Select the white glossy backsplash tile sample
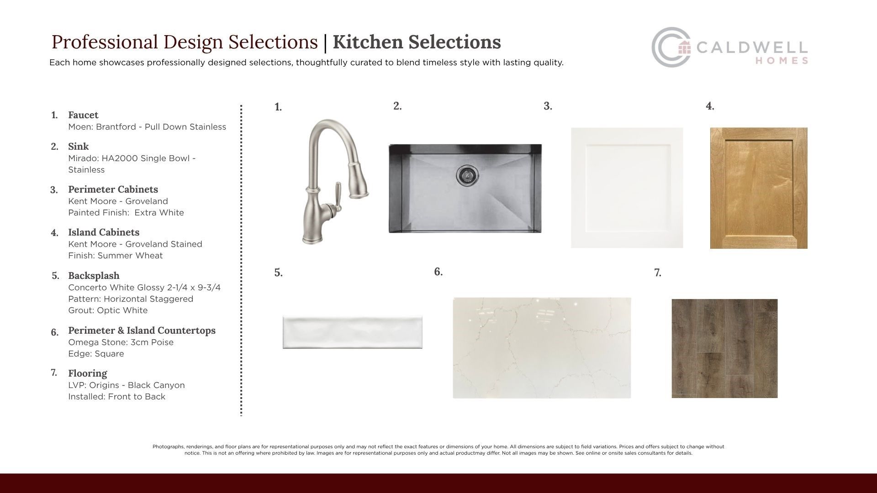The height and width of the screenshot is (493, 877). (352, 332)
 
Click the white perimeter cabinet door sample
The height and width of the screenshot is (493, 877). (627, 188)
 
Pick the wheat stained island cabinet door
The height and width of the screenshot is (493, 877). (759, 188)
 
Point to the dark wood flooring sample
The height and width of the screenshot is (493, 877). (724, 348)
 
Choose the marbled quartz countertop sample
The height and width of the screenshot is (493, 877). (542, 348)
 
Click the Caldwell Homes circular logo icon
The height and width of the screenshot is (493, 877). (671, 47)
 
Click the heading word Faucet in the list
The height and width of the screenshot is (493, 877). (83, 115)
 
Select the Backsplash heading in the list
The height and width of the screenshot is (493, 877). (94, 276)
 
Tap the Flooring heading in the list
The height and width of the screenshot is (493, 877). (88, 373)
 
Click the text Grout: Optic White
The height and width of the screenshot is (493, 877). (108, 310)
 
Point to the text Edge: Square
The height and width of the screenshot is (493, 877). (96, 354)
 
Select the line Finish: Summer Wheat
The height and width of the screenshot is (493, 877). (115, 256)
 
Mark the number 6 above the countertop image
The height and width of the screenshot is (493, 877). (438, 272)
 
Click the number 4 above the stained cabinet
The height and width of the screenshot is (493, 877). (710, 106)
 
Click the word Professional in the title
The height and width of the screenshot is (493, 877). (105, 42)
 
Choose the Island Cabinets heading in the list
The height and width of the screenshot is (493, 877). (104, 232)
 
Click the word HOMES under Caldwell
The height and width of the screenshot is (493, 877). (782, 61)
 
